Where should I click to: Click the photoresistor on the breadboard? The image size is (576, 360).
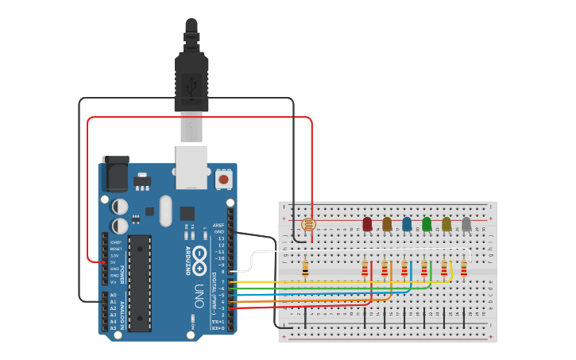click(x=309, y=225)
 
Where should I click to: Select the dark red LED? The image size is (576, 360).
click(x=367, y=224)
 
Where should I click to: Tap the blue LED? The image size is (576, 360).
click(x=407, y=224)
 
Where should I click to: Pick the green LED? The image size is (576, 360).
click(x=427, y=224)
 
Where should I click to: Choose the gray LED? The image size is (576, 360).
click(x=466, y=224)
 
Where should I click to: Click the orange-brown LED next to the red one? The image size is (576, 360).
click(x=387, y=224)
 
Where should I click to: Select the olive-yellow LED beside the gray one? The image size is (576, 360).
click(x=446, y=224)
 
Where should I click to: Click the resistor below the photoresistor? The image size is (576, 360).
click(x=305, y=269)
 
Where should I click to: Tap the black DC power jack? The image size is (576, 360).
click(x=116, y=173)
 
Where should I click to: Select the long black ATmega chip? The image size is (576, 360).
click(x=139, y=282)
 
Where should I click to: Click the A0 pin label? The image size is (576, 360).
click(x=113, y=295)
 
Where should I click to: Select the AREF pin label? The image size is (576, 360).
click(x=218, y=225)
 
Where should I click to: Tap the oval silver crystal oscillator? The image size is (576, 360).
click(x=165, y=211)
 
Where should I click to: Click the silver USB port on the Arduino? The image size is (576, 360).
click(x=191, y=167)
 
